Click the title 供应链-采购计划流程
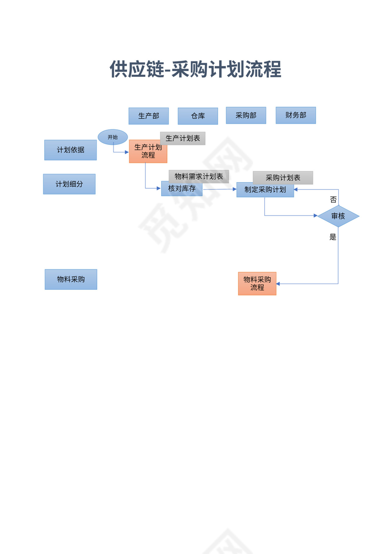pos(195,69)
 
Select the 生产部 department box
pos(148,116)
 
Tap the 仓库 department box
pos(198,116)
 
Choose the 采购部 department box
pos(246,115)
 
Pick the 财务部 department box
pos(295,115)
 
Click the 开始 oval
pos(113,137)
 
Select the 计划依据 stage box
pos(71,150)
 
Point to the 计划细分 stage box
pos(69,184)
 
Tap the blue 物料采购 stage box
pos(71,279)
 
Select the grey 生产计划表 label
pos(183,138)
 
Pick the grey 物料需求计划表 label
pos(199,176)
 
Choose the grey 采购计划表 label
pos(283,178)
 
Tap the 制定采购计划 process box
pos(265,190)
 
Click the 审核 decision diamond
pos(338,216)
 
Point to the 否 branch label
pos(333,200)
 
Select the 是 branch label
pos(333,237)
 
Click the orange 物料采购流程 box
pos(257,284)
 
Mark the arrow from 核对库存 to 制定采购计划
pos(220,189)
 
